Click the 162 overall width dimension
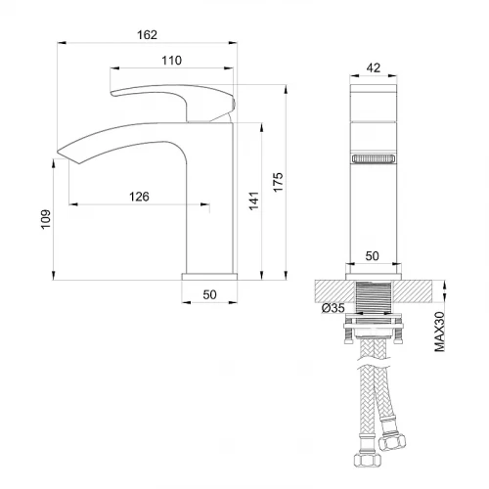(147, 35)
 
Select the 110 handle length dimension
(172, 61)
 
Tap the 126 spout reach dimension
(139, 197)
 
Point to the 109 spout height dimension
(46, 219)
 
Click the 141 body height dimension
(254, 200)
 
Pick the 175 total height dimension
(278, 182)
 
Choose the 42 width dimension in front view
(374, 67)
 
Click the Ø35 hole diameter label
(333, 308)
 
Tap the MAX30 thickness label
(440, 332)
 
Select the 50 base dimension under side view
(209, 294)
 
